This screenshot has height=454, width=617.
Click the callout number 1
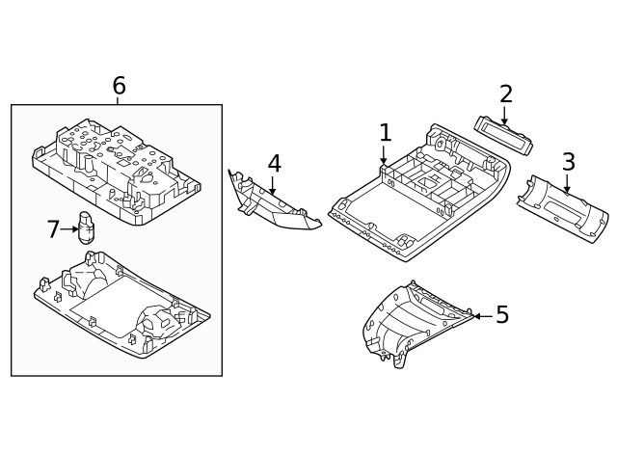click(x=385, y=133)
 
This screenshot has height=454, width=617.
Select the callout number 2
click(x=505, y=94)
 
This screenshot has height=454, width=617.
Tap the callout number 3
click(x=569, y=162)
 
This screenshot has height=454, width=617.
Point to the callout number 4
click(x=274, y=164)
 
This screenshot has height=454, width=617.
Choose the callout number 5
click(x=501, y=315)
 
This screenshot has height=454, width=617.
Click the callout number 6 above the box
click(x=119, y=87)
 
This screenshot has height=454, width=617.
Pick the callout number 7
click(x=53, y=229)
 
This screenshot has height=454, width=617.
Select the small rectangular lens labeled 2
click(x=503, y=135)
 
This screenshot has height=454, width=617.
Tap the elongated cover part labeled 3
click(x=563, y=208)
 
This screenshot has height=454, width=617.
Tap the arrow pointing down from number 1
click(x=384, y=156)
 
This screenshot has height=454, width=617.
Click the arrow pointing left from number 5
click(x=481, y=315)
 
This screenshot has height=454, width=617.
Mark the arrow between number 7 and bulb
click(x=70, y=229)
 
